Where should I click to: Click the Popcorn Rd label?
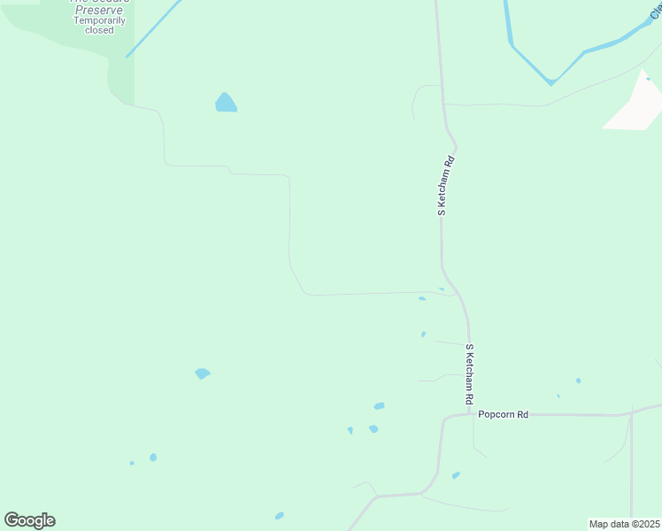pos(503,414)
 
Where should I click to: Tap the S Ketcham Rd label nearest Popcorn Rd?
pos(470,375)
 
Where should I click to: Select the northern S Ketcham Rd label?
pos(448,187)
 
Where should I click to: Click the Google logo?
pos(29,520)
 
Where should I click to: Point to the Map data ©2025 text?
pos(624,524)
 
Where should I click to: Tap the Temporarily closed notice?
pos(99,25)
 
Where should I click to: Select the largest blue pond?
pos(226,103)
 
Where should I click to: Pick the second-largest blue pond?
pos(203,373)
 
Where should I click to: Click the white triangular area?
pos(635,104)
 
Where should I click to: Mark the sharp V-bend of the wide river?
pos(550,82)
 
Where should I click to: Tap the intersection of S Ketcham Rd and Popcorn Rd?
pos(470,414)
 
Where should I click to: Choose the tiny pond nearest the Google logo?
pos(132,462)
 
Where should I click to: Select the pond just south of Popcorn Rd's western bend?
pos(456,475)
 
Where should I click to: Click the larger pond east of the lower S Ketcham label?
pos(578,381)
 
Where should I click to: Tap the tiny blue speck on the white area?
pos(648,79)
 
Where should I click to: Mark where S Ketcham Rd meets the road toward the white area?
pos(443,104)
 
